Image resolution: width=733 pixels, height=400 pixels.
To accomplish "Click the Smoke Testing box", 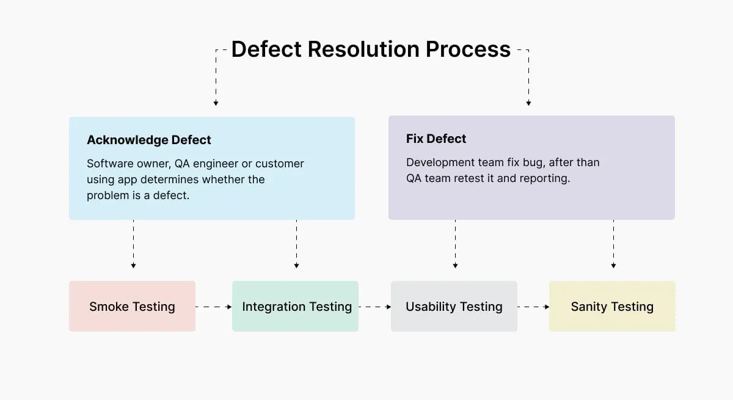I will click(x=132, y=307).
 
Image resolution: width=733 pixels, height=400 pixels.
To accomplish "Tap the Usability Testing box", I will click(x=454, y=307).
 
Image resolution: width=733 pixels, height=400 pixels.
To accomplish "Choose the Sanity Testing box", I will click(x=612, y=307).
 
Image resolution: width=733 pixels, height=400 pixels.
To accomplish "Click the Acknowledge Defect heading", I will click(x=148, y=140).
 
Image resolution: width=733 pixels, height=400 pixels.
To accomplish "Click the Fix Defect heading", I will click(x=436, y=139).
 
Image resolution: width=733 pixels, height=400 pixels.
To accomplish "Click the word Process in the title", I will click(x=468, y=49).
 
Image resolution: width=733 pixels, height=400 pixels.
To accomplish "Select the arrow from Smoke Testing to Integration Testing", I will click(x=214, y=307).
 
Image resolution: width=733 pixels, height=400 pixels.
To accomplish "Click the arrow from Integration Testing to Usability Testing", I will click(x=374, y=307).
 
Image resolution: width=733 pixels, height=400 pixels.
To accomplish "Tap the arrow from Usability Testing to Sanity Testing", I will click(x=533, y=307).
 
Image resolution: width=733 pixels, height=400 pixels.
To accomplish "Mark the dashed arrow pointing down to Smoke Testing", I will click(x=133, y=244).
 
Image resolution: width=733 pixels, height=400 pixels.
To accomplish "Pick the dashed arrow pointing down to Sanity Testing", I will click(x=613, y=244).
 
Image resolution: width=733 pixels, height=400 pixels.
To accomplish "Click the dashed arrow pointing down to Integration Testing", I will click(x=296, y=244).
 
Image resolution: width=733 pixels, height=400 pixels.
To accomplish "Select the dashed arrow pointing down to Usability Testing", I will click(x=455, y=244).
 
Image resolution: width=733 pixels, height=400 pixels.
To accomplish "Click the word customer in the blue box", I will click(x=279, y=164).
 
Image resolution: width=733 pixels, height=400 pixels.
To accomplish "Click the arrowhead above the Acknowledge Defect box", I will click(x=216, y=103).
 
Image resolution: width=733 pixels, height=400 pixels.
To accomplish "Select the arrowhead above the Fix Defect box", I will click(x=528, y=103).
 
